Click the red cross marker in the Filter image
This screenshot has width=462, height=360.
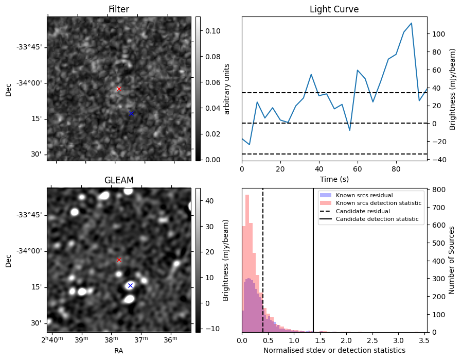point(119,89)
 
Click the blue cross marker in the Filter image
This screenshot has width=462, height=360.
point(131,113)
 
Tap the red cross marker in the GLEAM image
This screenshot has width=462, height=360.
point(119,260)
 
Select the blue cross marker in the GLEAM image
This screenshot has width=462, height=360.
point(130,285)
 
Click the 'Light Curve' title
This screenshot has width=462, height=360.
point(334,9)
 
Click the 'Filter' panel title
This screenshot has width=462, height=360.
point(119,9)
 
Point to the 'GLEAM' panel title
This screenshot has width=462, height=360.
point(119,180)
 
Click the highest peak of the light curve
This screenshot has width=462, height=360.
point(411,23)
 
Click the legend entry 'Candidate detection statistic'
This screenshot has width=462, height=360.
point(377,219)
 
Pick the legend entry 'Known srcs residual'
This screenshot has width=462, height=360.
point(364,195)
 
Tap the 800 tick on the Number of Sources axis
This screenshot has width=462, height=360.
point(438,190)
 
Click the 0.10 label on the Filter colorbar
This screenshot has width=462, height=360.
point(213,31)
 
